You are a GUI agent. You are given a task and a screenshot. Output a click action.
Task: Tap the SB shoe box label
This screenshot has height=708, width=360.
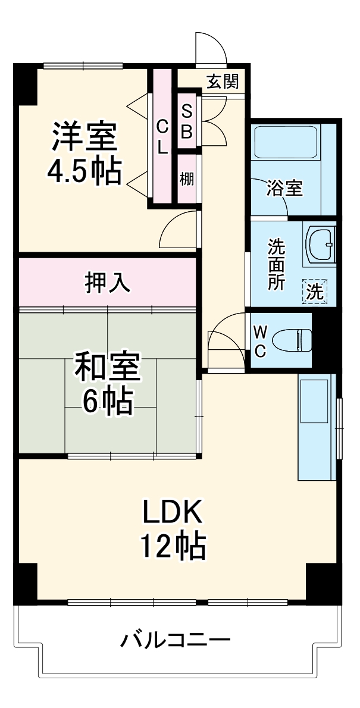(x=186, y=121)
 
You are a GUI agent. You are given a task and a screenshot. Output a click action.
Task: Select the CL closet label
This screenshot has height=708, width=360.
(x=162, y=136)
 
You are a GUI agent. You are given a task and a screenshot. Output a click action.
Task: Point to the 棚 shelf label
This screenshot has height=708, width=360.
(x=187, y=178)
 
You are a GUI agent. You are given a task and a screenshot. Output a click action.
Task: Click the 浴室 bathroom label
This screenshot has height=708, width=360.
(x=284, y=189)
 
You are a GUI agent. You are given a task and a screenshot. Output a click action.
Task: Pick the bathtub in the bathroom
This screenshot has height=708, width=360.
(x=285, y=142)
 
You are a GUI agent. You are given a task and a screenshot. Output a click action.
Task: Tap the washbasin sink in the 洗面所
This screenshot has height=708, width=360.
(x=322, y=245)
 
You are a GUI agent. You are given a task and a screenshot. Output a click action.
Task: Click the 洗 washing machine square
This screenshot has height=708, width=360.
(x=315, y=292)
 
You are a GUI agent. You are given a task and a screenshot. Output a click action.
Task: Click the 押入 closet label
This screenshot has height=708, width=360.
(x=108, y=283)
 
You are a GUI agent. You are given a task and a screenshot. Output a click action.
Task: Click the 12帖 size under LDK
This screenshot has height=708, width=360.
(x=173, y=545)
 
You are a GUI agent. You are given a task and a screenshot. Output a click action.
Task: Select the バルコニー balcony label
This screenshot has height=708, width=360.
(x=176, y=641)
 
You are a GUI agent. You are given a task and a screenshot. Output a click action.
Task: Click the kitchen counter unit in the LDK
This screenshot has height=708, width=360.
(x=317, y=427)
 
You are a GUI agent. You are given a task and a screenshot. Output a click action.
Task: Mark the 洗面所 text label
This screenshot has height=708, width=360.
(x=276, y=264)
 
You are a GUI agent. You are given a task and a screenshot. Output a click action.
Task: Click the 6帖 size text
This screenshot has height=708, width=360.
(x=107, y=402)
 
